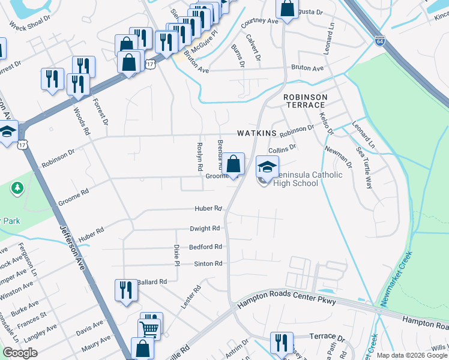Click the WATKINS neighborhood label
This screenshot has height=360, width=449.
(256, 133)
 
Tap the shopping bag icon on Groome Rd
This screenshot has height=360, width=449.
(234, 164)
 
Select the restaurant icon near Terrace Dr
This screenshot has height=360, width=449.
(282, 343)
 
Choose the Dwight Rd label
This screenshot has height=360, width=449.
(206, 229)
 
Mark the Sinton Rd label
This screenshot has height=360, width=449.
(208, 264)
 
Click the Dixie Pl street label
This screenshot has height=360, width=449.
(176, 255)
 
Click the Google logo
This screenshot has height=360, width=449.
(20, 353)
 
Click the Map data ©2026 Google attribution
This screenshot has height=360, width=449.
(411, 355)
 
